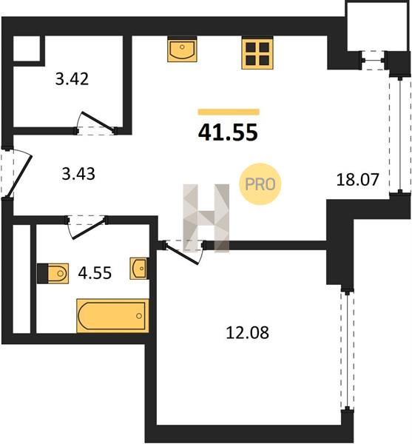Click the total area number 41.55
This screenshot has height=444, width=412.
[228, 132]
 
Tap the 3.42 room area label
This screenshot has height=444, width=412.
[72, 79]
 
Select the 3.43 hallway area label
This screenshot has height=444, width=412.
[78, 174]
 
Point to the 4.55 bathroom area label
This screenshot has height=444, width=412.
[95, 273]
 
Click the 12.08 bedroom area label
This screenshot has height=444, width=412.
[247, 332]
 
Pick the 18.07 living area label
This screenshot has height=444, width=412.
[357, 180]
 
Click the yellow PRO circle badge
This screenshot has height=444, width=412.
[260, 184]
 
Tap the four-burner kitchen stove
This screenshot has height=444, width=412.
[257, 53]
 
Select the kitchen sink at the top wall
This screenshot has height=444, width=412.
[182, 50]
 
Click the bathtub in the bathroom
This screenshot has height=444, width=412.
[112, 315]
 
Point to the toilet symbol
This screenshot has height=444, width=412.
[53, 273]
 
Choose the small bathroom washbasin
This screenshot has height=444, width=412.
[139, 268]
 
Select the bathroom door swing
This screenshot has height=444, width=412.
[87, 227]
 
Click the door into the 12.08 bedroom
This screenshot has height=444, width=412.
[183, 252]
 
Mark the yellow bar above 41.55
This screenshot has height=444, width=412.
[229, 112]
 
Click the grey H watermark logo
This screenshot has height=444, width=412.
[206, 218]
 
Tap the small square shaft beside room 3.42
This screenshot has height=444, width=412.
[27, 48]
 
